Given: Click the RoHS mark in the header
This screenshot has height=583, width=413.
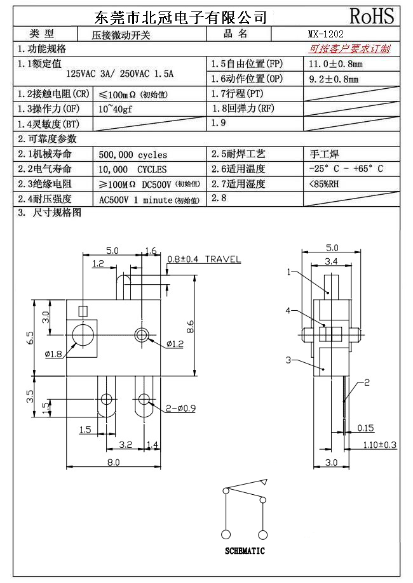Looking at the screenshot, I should coord(372,16).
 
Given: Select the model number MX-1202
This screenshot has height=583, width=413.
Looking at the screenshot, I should coord(325,34).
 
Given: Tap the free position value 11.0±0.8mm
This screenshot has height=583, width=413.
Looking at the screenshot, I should coord(335,64).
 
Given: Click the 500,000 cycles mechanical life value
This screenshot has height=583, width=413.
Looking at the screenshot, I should coord(133,154).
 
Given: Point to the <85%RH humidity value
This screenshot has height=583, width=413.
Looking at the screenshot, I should coord(323,184).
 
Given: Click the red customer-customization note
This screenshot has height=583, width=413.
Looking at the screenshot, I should coord(349,48).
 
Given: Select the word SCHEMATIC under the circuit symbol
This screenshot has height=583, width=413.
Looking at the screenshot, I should coord(245,551).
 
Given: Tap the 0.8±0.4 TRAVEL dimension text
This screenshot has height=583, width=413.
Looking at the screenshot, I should coord(204,259).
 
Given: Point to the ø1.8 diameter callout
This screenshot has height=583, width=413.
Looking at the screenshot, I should coord(53,353).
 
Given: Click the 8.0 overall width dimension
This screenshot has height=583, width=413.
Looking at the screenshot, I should coord(113,462).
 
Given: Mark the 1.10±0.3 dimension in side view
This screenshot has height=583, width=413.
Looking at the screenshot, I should coord(379,445).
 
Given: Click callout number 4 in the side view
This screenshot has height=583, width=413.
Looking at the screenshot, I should coord(288,311).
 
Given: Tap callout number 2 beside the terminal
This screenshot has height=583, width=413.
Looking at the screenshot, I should coord(367,382).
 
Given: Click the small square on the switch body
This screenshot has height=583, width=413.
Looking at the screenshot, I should coord(81,310).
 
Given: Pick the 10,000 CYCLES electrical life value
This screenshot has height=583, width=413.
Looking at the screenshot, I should coord(133,169).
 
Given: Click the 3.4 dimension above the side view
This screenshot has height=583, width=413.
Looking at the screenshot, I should coord(331,260).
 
